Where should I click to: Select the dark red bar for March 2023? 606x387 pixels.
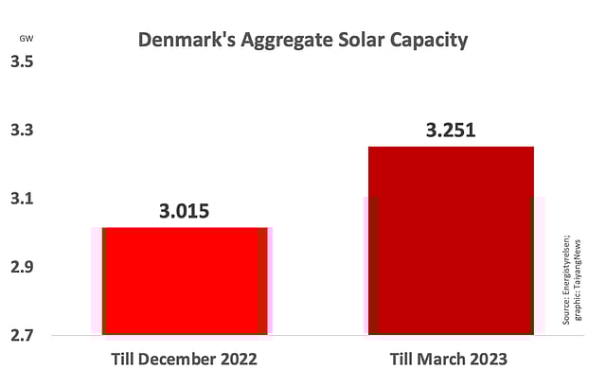(451, 240)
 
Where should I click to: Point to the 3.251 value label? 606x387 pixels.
(451, 130)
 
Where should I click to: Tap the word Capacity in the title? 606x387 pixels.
(427, 41)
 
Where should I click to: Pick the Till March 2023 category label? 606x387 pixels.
(450, 361)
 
